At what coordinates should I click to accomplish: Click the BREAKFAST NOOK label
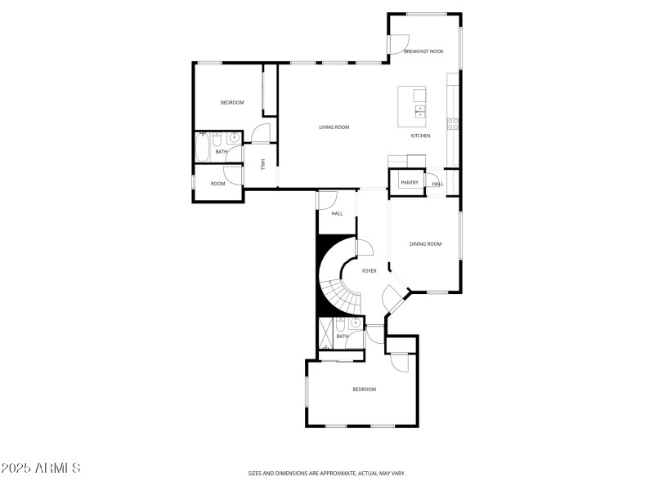tap(423, 51)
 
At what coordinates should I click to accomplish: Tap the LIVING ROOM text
tap(334, 127)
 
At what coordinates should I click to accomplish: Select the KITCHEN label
tap(420, 136)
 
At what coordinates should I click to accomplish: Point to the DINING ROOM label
tap(425, 244)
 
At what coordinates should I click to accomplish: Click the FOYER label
tap(370, 270)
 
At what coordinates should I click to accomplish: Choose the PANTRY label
tap(410, 183)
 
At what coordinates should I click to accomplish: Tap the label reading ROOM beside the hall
tap(217, 184)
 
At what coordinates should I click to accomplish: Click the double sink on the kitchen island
tap(420, 111)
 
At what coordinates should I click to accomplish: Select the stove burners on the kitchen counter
tap(452, 124)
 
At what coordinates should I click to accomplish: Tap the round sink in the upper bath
tap(234, 137)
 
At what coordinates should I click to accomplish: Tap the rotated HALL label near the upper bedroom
tap(262, 164)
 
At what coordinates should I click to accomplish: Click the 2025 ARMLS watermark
tap(41, 469)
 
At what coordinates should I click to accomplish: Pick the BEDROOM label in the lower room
tap(364, 390)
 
